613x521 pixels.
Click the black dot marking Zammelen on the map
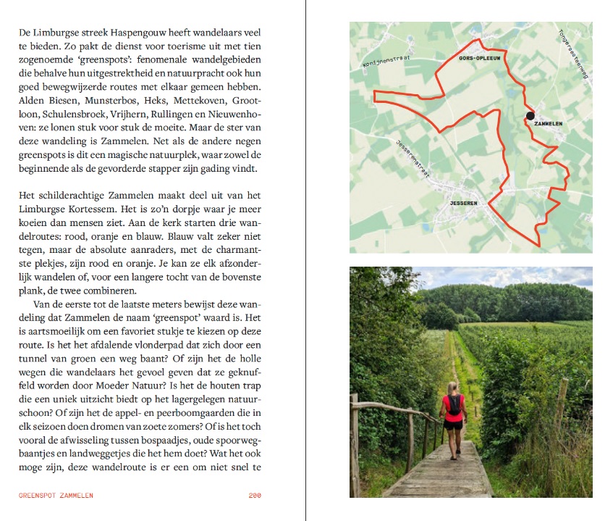tap(530, 115)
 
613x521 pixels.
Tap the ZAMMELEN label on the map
tap(548, 124)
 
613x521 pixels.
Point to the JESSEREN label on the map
tap(463, 204)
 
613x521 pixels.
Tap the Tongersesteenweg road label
tap(574, 55)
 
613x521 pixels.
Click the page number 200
tap(254, 496)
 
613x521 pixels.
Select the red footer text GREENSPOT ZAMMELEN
tap(56, 496)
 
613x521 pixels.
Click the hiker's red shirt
tap(454, 406)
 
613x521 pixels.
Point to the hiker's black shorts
tap(454, 425)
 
